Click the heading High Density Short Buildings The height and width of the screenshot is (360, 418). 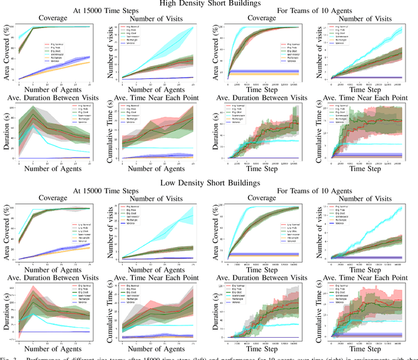(209, 4)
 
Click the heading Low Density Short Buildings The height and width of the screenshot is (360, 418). (209, 183)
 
